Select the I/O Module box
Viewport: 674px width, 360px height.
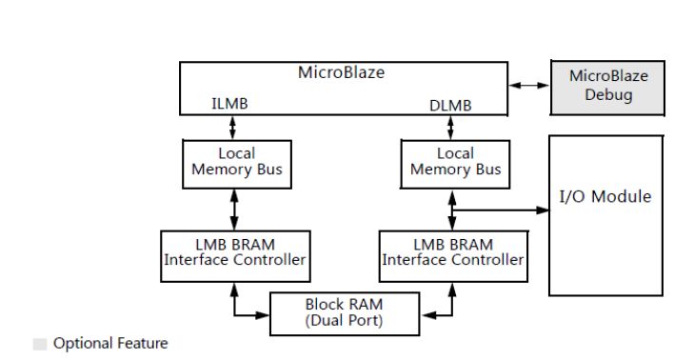click(x=605, y=214)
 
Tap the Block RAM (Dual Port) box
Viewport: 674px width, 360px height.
click(x=346, y=313)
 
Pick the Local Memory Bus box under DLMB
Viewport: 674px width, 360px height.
click(x=455, y=162)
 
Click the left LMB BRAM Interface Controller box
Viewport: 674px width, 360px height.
click(x=236, y=252)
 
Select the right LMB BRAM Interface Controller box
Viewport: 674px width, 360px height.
click(x=453, y=252)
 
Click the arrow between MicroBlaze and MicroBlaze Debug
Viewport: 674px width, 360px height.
click(x=528, y=86)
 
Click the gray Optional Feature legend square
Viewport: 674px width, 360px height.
click(x=40, y=344)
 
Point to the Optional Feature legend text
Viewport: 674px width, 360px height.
click(x=110, y=344)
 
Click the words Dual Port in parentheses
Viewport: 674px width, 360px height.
click(x=346, y=322)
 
